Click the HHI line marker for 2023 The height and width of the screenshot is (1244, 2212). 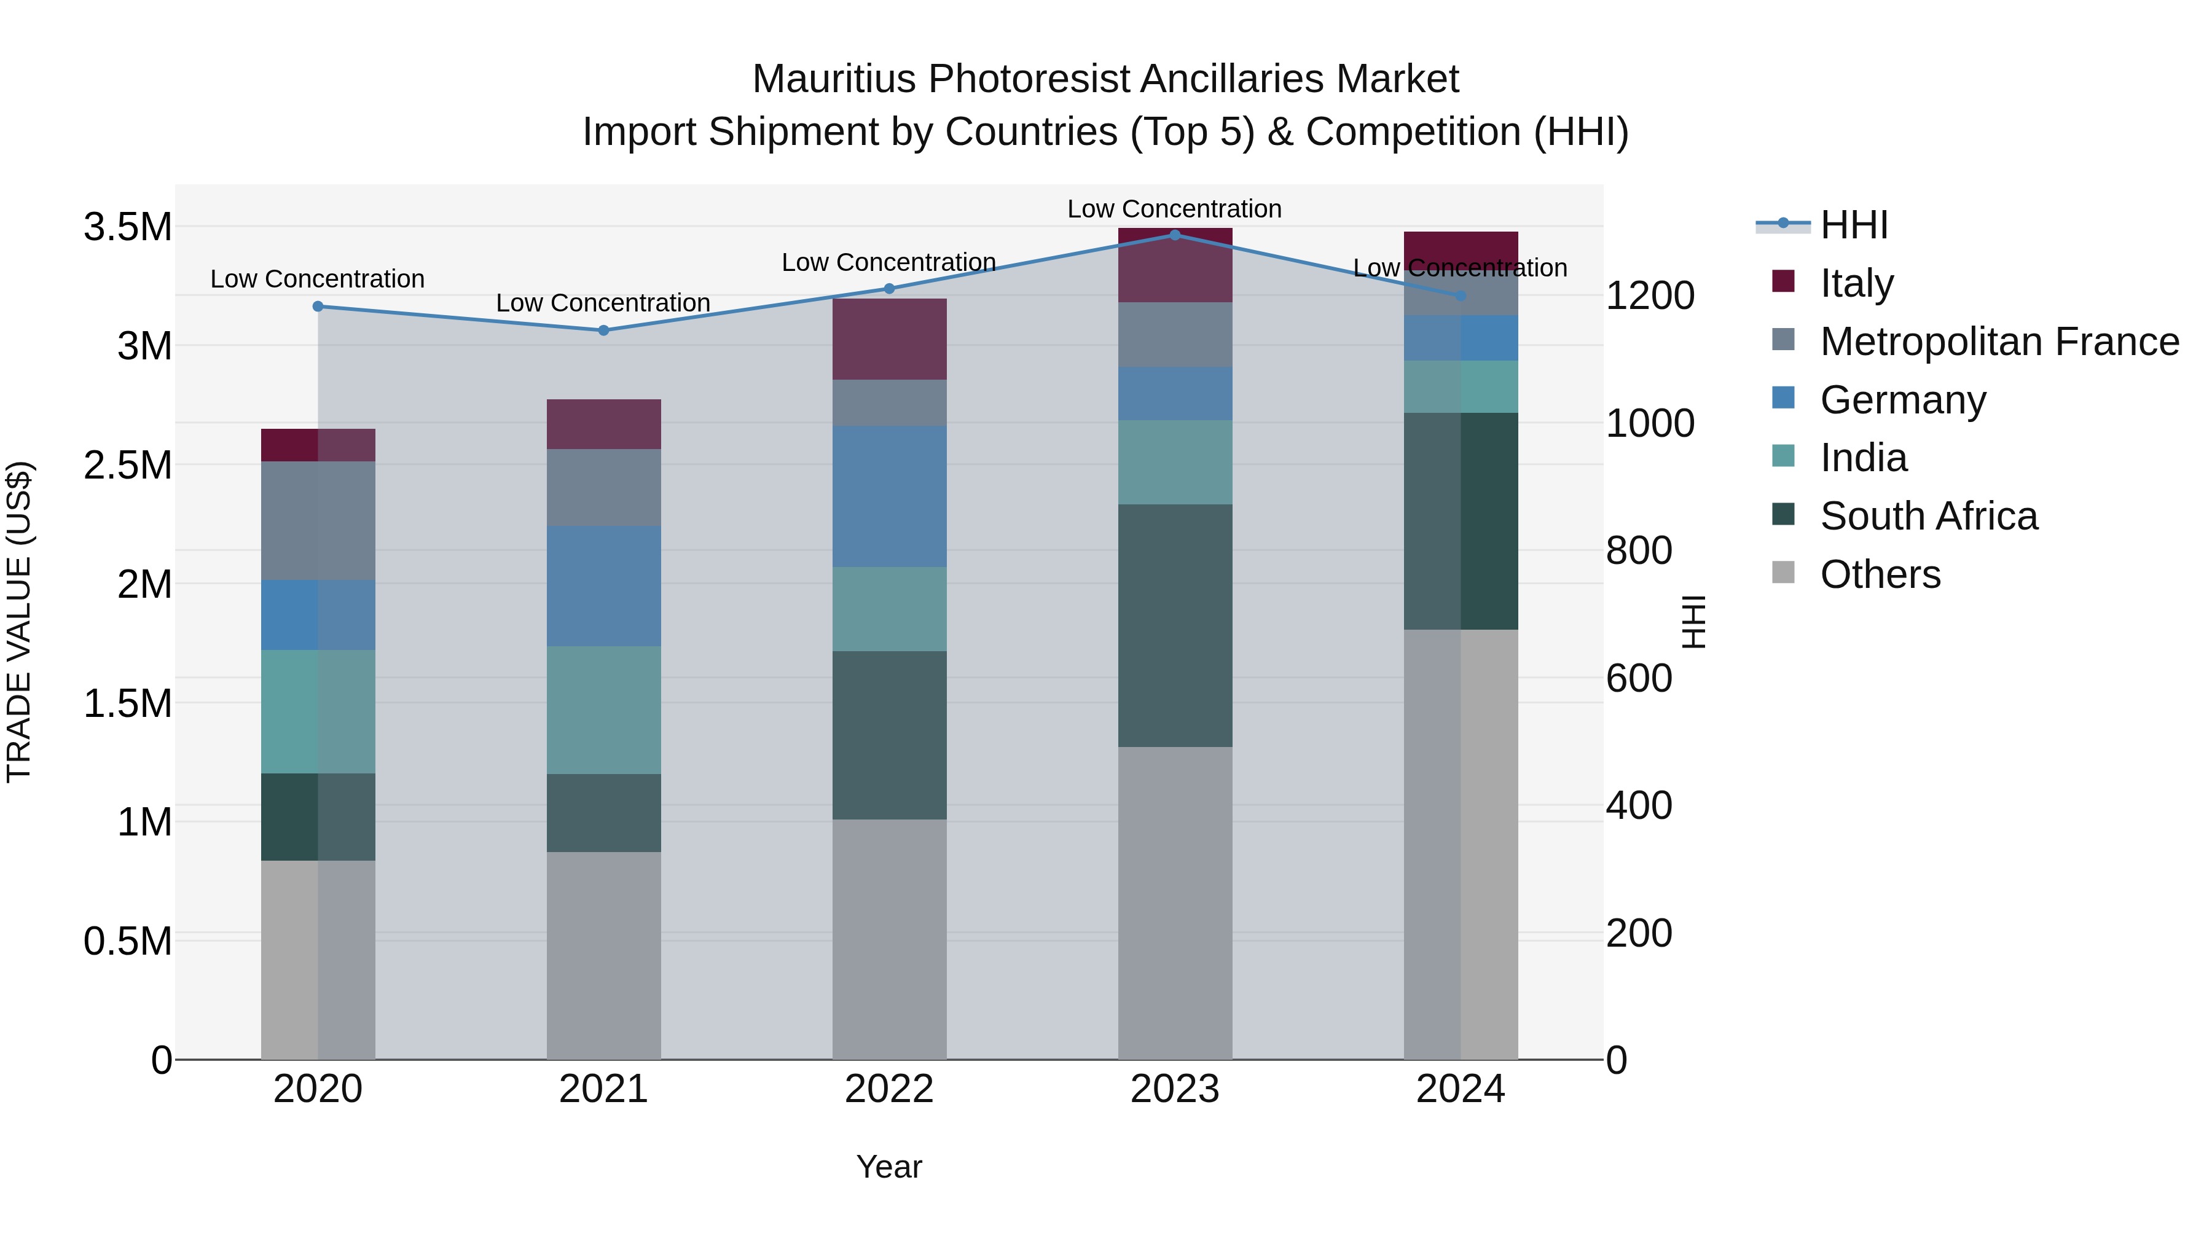tap(1175, 235)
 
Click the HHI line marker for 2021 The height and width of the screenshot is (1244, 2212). tap(603, 331)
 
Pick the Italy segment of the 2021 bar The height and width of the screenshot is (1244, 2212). tap(603, 424)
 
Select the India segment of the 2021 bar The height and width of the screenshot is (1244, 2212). tap(603, 710)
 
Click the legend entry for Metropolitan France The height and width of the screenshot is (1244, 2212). tap(1999, 342)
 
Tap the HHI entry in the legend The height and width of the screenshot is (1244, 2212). tap(1853, 225)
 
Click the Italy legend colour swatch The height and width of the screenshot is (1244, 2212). tap(1784, 281)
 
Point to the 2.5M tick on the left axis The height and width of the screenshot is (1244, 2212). tap(127, 465)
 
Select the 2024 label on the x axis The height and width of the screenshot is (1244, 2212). tap(1460, 1089)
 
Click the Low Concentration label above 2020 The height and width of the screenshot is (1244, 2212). tap(317, 279)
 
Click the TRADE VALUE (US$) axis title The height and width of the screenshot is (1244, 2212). tap(19, 622)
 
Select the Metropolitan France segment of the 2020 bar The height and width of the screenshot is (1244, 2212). tap(317, 520)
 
